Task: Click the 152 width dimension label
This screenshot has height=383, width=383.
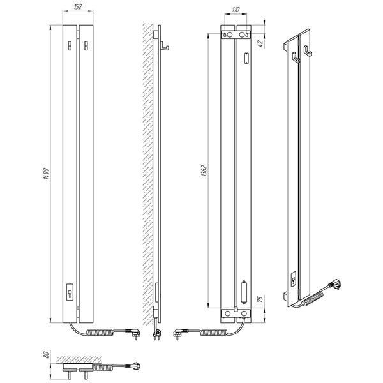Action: coord(78,7)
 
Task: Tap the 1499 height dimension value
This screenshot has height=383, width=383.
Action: coord(46,174)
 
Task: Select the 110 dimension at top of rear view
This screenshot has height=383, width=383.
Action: coord(236,10)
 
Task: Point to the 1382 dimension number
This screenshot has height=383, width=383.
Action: coord(204,171)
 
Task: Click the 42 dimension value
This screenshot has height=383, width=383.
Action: coord(260,43)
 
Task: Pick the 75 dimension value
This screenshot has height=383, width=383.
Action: coord(260,299)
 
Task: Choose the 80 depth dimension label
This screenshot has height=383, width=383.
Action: coord(46,355)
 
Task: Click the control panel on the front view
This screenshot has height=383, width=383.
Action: coord(70,292)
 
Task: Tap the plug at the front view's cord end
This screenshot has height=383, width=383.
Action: coord(133,333)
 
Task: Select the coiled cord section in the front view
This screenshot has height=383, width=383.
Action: coord(100,333)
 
